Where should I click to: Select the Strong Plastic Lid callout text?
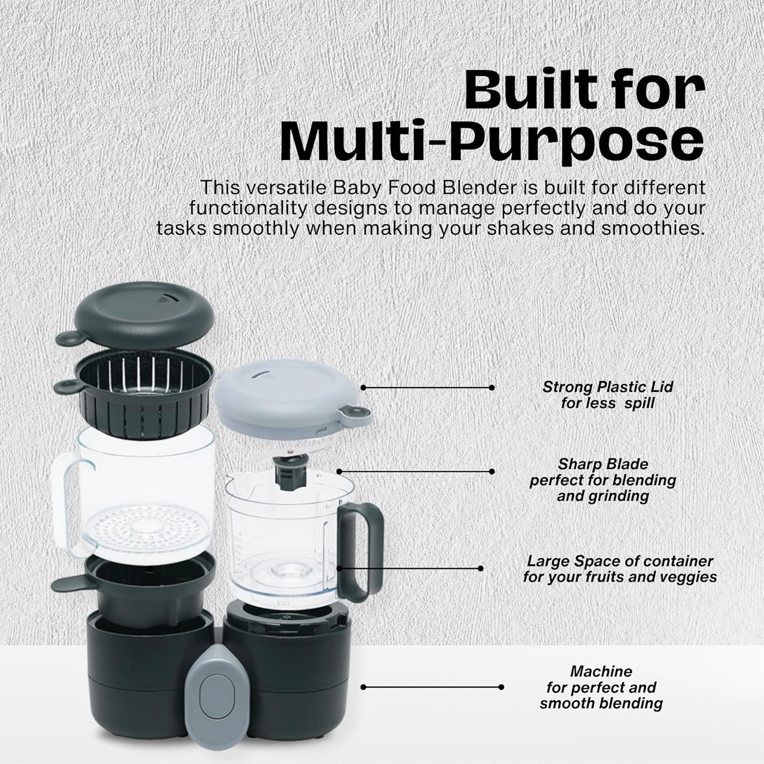pyautogui.click(x=608, y=395)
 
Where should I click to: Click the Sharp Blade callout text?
pyautogui.click(x=603, y=480)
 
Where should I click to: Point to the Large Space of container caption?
pyautogui.click(x=620, y=569)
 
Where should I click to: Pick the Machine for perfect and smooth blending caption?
pyautogui.click(x=601, y=687)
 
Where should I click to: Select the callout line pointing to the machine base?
pyautogui.click(x=432, y=687)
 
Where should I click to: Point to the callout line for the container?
pyautogui.click(x=410, y=568)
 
